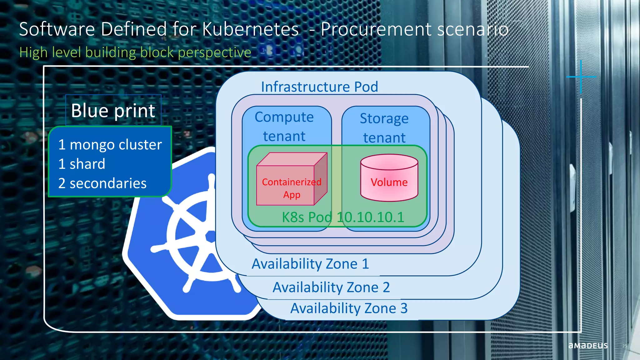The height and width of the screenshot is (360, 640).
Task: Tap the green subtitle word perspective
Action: tap(214, 52)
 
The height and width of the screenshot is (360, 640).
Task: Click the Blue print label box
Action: tap(113, 110)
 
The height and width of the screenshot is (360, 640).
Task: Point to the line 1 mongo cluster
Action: tap(110, 145)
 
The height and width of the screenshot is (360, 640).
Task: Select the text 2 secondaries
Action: tap(102, 183)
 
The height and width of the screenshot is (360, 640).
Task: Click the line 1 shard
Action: tap(82, 164)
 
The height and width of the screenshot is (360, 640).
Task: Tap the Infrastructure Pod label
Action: tap(319, 87)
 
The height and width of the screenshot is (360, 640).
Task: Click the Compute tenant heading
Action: tap(284, 127)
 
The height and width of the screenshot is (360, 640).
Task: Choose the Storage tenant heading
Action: tap(384, 128)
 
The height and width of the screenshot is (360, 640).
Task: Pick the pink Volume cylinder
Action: tap(389, 178)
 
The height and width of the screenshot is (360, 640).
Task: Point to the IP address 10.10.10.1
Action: tap(371, 217)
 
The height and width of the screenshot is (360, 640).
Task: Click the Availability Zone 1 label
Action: tap(310, 264)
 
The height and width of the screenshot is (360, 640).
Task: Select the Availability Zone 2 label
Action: tap(331, 287)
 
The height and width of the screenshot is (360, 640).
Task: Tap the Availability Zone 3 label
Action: tap(349, 308)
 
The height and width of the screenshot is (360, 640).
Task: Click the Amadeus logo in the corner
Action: tap(588, 346)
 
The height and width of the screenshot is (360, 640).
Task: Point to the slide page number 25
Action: tap(624, 346)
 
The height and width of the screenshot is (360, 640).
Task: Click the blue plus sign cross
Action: tap(581, 77)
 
